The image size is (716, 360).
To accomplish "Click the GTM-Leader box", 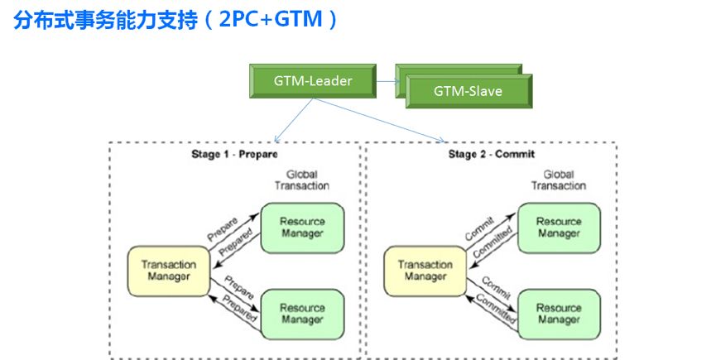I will [x=313, y=81].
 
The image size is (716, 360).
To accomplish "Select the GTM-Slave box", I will [x=468, y=91].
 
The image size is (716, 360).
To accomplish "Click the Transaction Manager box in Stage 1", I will [x=168, y=271].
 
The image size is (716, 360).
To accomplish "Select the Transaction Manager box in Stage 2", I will [x=425, y=271].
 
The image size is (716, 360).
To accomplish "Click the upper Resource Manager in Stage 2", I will [x=559, y=227].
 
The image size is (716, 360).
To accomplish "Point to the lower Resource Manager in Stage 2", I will [x=559, y=314].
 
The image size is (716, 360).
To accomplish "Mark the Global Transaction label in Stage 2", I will [x=558, y=180].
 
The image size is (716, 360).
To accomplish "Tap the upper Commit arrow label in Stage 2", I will [x=480, y=228].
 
